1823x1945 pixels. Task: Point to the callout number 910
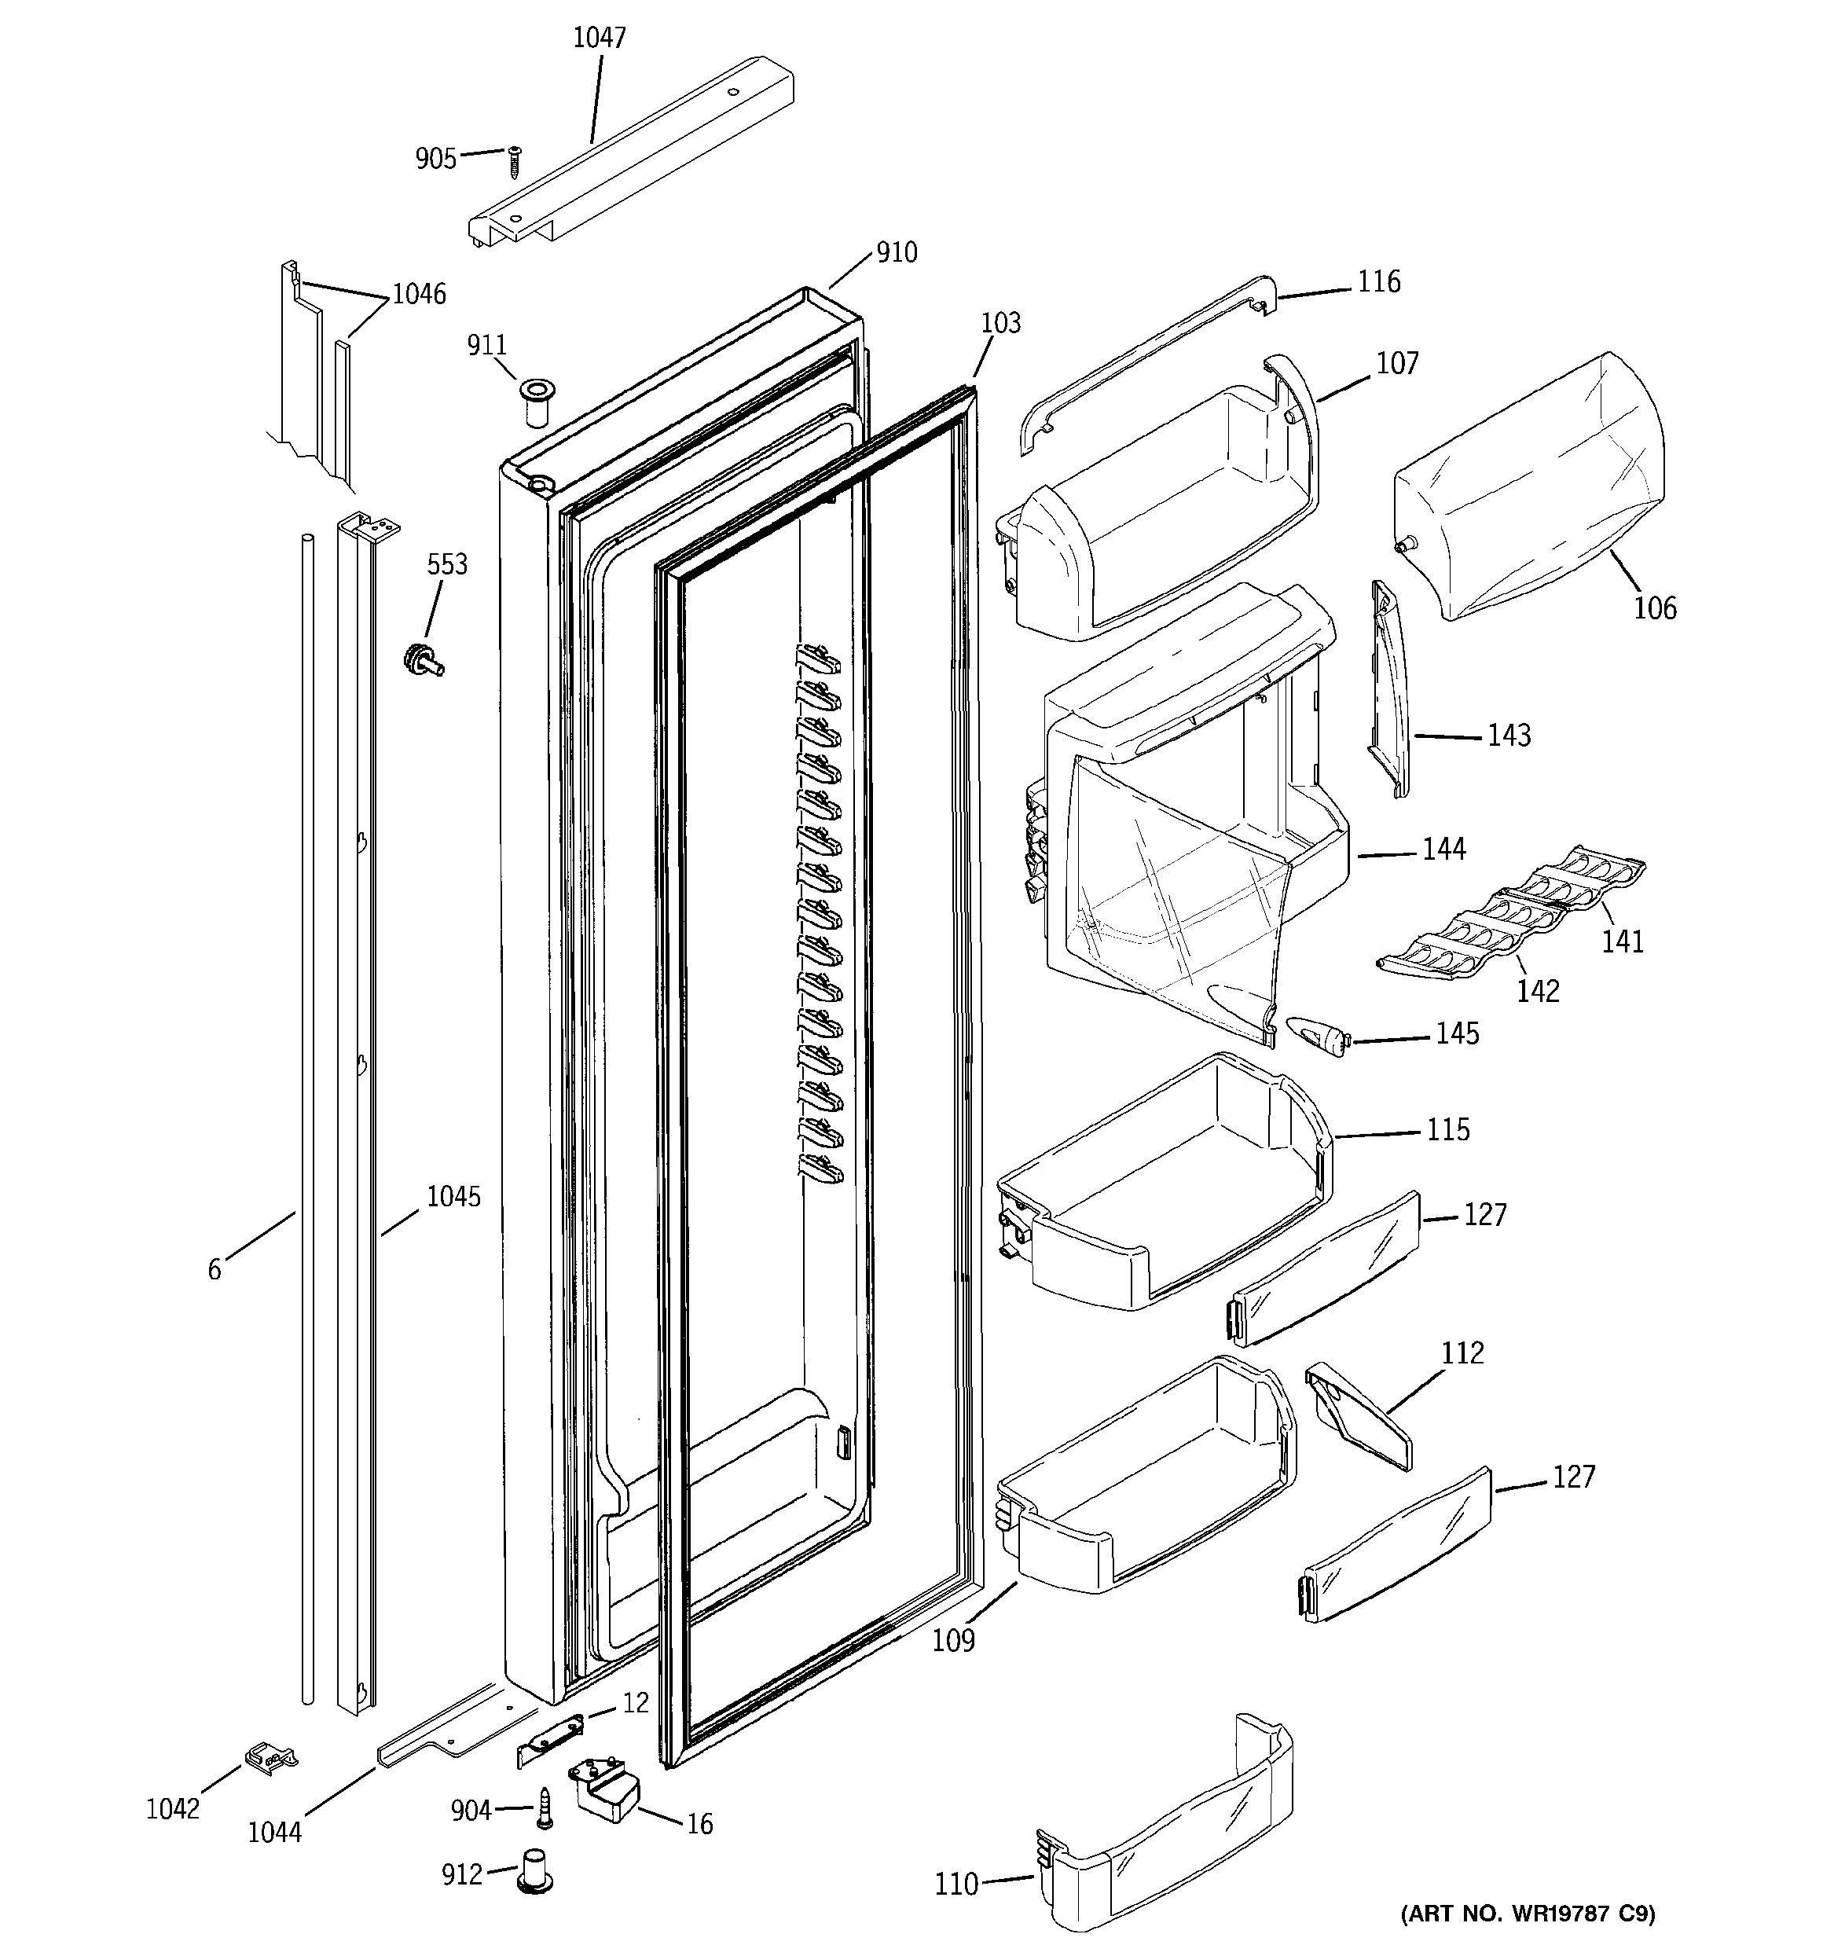click(897, 252)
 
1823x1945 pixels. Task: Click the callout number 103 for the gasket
click(1000, 323)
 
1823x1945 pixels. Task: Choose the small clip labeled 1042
click(270, 1758)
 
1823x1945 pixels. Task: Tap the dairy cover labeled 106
click(1527, 489)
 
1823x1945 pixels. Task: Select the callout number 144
click(1443, 850)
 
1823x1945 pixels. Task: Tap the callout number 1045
click(453, 1197)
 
